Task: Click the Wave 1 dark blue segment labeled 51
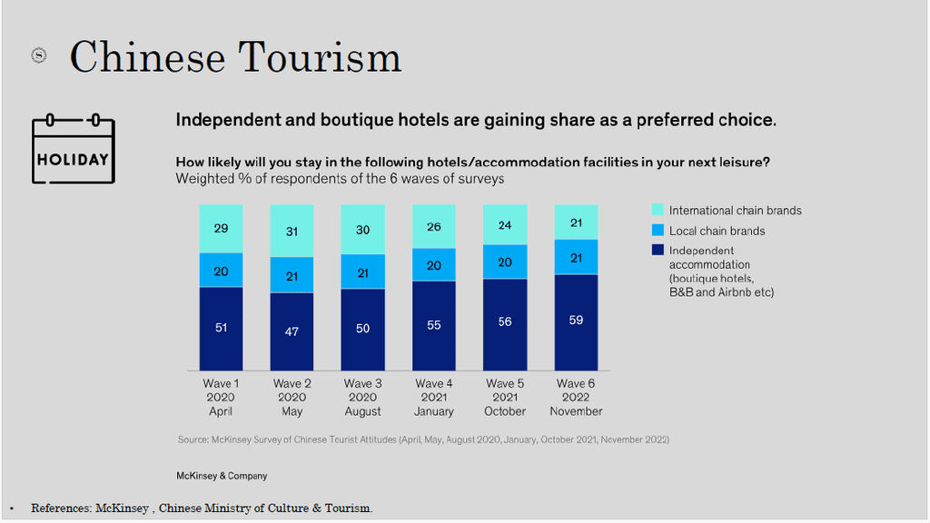tap(221, 328)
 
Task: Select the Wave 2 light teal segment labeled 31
tap(292, 231)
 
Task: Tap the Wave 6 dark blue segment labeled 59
tap(576, 321)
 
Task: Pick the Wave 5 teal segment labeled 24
tap(505, 224)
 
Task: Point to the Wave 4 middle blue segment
tap(434, 265)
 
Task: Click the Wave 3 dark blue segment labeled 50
tap(362, 329)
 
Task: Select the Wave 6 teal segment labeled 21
tap(576, 222)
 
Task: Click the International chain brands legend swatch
tap(658, 211)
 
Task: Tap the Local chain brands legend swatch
tap(658, 231)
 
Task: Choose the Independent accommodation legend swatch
tap(658, 251)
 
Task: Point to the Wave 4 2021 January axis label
tap(434, 398)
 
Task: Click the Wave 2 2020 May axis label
tap(292, 398)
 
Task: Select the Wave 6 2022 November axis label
tap(576, 398)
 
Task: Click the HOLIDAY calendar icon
tap(73, 149)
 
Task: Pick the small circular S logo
tap(39, 55)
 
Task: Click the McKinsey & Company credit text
tap(222, 476)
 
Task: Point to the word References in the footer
tap(60, 508)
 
